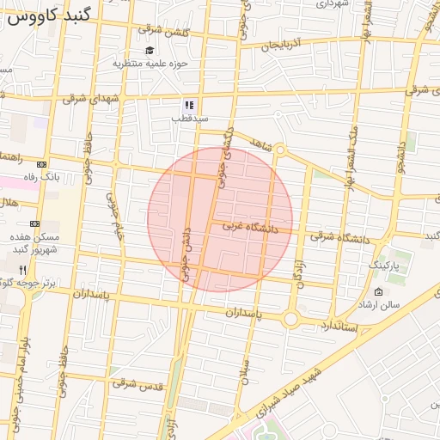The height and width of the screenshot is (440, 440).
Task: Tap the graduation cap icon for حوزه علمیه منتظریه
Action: pyautogui.click(x=150, y=51)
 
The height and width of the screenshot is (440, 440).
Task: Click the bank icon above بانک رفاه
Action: pyautogui.click(x=42, y=163)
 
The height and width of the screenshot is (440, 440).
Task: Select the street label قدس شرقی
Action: pyautogui.click(x=136, y=384)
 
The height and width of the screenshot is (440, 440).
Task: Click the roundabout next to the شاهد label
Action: pyautogui.click(x=280, y=150)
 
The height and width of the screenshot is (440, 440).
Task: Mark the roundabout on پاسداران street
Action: pyautogui.click(x=290, y=320)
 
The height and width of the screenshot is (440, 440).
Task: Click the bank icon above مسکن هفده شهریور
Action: pyautogui.click(x=34, y=223)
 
